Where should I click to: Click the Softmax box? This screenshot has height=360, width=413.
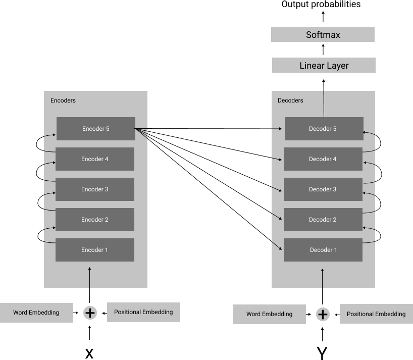(323, 34)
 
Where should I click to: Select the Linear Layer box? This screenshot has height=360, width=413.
(324, 65)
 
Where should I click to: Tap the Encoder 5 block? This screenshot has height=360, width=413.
(95, 129)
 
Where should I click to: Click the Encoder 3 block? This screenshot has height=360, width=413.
(94, 189)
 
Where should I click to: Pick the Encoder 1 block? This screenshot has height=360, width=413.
(94, 250)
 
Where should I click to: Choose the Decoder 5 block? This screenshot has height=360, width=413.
(324, 129)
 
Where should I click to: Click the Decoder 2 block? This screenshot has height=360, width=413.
(323, 220)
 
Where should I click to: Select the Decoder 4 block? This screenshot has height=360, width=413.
(323, 159)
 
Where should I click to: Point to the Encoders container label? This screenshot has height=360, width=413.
(63, 100)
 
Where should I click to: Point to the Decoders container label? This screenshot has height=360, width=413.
(290, 100)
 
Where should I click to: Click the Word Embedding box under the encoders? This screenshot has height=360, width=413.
(36, 313)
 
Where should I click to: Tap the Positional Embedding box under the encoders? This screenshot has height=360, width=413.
(143, 312)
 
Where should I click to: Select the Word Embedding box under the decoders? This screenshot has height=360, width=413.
(269, 314)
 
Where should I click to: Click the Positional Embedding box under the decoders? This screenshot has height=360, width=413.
(376, 314)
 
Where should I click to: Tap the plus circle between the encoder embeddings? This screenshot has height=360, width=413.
(90, 313)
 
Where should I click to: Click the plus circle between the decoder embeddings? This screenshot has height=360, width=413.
(323, 315)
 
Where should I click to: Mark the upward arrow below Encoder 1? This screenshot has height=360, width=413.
(90, 278)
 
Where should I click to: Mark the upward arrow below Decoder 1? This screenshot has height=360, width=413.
(323, 278)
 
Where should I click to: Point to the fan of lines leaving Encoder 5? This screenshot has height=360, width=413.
(142, 133)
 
